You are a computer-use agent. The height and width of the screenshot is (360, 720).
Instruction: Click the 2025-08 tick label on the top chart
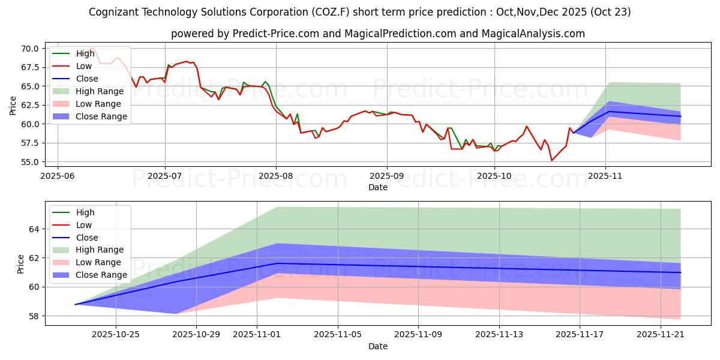[276, 175]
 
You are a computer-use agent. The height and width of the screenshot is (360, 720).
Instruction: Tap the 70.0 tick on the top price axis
[31, 49]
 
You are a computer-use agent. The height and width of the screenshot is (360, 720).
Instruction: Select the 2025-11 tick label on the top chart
[605, 175]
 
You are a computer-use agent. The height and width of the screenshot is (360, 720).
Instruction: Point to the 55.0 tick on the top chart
[31, 162]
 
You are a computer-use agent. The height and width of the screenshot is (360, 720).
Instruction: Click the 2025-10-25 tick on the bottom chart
[116, 334]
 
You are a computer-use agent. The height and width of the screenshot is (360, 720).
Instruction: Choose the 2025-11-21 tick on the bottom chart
[660, 334]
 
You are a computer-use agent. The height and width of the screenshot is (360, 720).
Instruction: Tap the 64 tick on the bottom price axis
[34, 229]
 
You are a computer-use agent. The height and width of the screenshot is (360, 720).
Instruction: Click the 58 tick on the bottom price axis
[34, 316]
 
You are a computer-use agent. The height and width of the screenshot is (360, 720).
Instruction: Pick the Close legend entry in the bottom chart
[87, 238]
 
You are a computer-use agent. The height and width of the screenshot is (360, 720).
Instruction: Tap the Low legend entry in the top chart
[85, 66]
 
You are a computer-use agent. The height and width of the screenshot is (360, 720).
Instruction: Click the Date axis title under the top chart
[378, 187]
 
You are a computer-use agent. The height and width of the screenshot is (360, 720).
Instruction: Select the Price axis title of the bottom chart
[22, 263]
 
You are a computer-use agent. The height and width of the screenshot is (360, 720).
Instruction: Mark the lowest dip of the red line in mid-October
[552, 160]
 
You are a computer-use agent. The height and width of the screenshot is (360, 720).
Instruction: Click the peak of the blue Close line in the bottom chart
[277, 263]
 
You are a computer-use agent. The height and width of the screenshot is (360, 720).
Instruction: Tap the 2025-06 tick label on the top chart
[58, 175]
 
